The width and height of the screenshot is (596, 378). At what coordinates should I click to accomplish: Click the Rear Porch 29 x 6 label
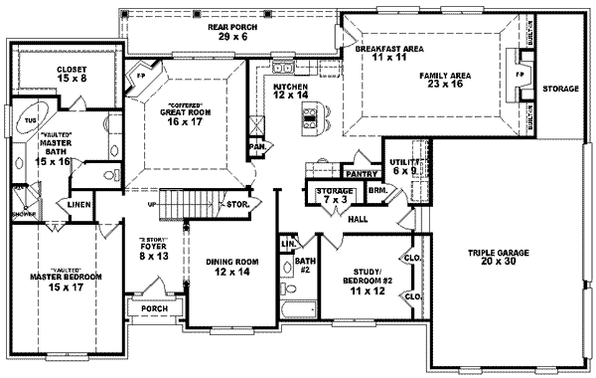pos(232,30)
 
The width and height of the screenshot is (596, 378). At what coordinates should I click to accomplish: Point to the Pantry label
pos(357,172)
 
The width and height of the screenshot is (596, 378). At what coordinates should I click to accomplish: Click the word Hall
pos(359,219)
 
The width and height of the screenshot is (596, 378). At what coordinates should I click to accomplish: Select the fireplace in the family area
pos(518,75)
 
